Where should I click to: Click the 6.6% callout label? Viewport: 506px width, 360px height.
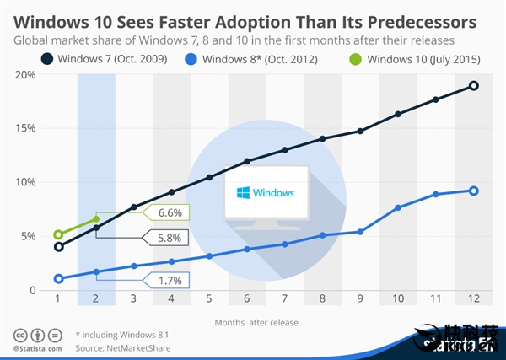tap(170, 212)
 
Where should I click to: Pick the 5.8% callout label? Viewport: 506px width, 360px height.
tap(170, 238)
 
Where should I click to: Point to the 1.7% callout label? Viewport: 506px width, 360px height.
tap(170, 278)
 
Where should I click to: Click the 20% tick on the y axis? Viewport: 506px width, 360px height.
tap(25, 75)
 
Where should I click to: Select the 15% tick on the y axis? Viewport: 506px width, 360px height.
tap(25, 129)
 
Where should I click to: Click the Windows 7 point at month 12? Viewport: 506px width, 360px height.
tap(473, 86)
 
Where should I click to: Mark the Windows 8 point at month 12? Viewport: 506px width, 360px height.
tap(473, 191)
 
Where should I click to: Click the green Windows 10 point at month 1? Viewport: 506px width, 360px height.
tap(58, 235)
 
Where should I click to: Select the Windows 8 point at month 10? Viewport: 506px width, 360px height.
tap(398, 207)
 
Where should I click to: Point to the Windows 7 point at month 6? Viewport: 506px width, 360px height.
tap(247, 161)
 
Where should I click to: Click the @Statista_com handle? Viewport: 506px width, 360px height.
tap(37, 347)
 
